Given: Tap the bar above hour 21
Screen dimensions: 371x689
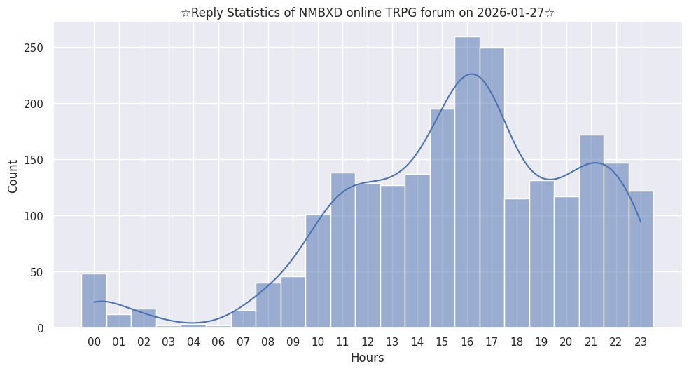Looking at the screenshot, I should [591, 231].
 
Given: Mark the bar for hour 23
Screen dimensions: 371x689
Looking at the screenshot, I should [641, 259].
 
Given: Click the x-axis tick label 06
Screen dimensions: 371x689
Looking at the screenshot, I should [218, 342].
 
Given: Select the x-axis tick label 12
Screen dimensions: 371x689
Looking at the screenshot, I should [368, 342].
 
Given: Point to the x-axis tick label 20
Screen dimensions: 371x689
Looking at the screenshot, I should [566, 342].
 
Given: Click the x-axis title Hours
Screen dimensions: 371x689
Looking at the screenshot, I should [367, 358].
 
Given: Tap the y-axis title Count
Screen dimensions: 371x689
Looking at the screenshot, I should [13, 175].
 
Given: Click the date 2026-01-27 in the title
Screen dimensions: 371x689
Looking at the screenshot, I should [510, 12].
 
